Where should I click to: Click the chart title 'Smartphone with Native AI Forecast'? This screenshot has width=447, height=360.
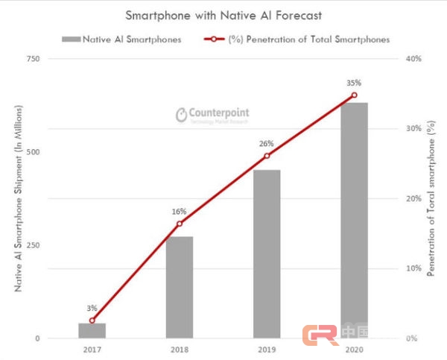coord(223,15)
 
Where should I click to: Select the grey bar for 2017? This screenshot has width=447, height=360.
coord(92,330)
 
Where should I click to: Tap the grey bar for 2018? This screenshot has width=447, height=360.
coord(180,287)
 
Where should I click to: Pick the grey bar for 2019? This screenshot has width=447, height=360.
coord(267,253)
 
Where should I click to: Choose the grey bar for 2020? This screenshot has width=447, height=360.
coord(354,220)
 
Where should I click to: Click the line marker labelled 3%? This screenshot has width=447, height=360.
coord(92,320)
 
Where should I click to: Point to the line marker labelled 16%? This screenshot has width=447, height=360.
coord(180,224)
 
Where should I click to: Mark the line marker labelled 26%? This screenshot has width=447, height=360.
coord(267,156)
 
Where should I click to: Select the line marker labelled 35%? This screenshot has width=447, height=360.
coord(354,95)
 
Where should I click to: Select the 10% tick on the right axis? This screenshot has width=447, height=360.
coord(413,268)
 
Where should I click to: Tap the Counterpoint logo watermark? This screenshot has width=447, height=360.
coord(213,115)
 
